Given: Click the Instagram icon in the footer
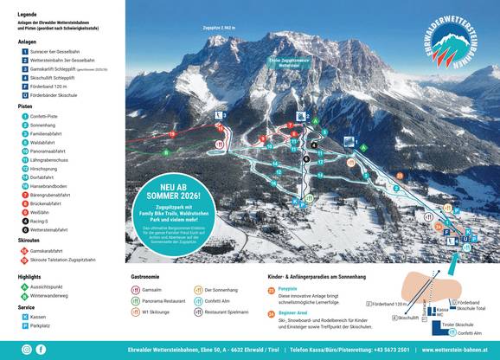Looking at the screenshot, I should [x=27, y=349].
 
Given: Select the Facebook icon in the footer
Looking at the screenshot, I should [x=41, y=349].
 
